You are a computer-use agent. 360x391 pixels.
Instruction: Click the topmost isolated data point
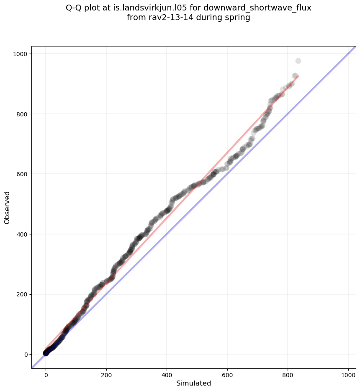[298, 61]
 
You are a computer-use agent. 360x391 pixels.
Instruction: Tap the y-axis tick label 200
[22, 294]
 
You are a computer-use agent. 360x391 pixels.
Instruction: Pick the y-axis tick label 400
[22, 234]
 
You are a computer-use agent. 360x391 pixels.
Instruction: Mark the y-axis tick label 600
[22, 174]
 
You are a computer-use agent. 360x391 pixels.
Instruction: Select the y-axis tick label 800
[22, 114]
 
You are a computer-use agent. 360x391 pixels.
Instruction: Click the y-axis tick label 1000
[20, 54]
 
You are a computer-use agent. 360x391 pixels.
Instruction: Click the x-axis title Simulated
[193, 383]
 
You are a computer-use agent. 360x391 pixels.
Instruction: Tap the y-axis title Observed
[8, 207]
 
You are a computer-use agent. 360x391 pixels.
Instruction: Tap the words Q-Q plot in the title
[83, 8]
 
